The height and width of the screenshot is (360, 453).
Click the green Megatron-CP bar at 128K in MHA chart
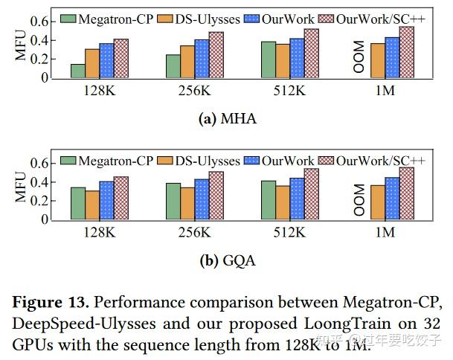[77, 71]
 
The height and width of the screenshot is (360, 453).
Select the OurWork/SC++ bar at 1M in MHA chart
[406, 52]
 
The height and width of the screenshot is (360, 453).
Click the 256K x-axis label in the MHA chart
[195, 91]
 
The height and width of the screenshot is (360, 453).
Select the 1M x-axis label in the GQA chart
[384, 233]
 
